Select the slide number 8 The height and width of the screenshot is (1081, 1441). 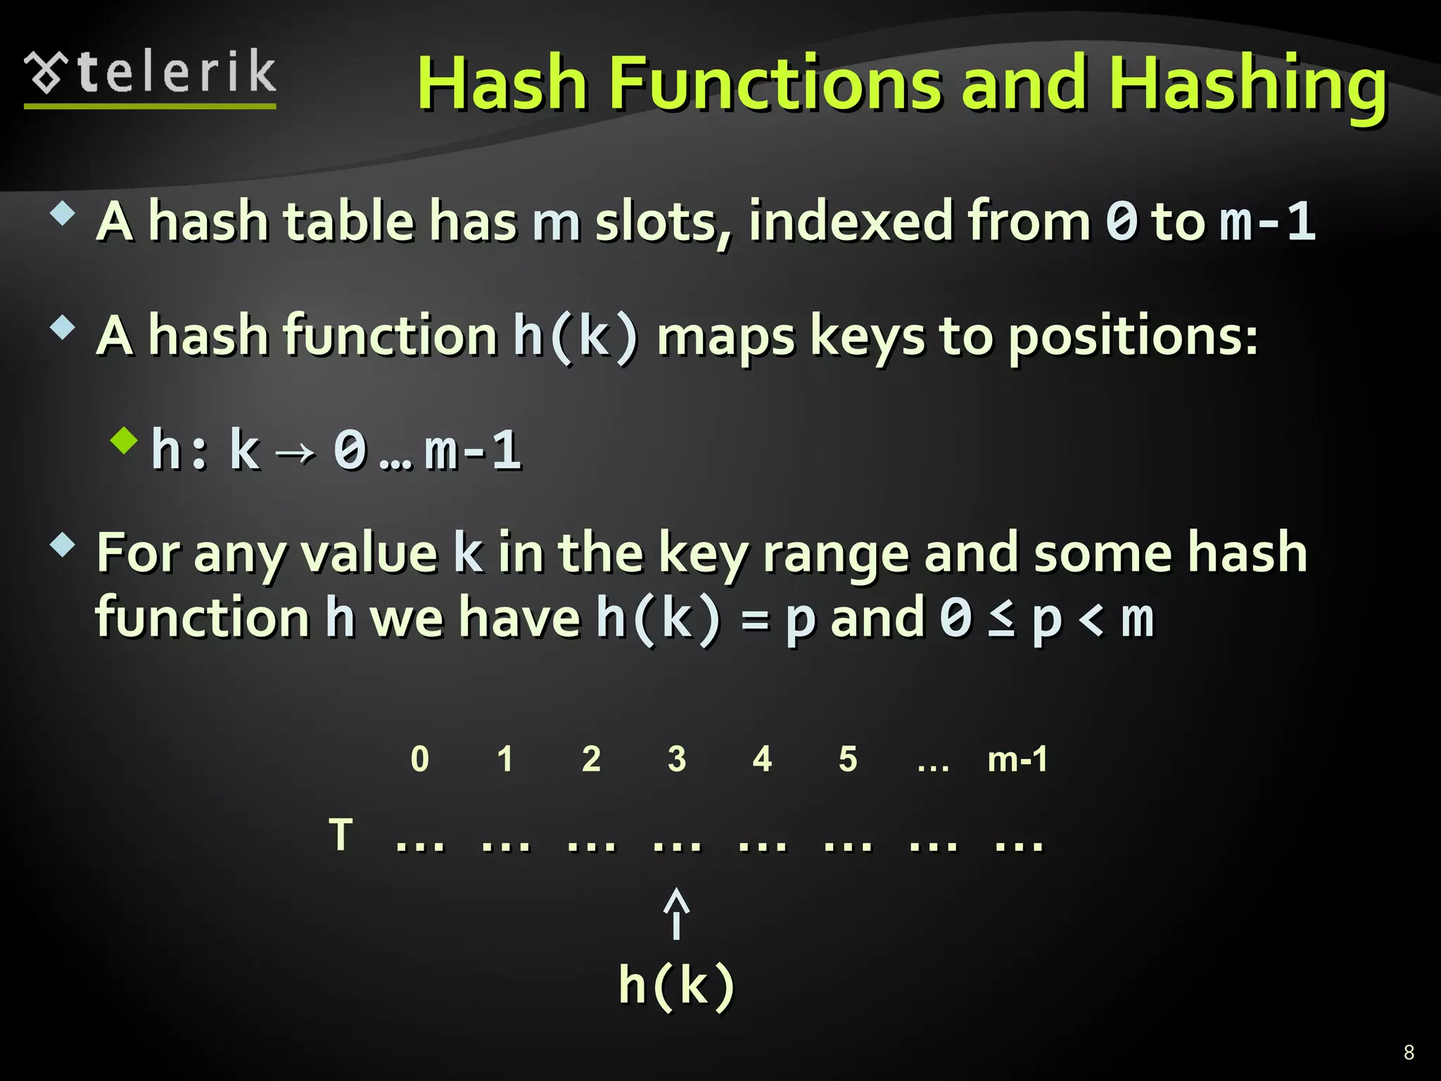click(1409, 1051)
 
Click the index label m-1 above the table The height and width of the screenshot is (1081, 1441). click(1017, 759)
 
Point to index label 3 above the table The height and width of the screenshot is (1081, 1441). click(677, 759)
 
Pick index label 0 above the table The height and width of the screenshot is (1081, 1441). click(419, 759)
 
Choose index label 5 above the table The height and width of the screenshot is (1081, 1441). click(848, 759)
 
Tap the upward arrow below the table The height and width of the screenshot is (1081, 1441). click(676, 913)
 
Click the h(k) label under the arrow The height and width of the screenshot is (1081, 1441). click(677, 985)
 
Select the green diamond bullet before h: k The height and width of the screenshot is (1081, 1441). click(125, 441)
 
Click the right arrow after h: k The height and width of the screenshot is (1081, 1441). click(296, 452)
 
